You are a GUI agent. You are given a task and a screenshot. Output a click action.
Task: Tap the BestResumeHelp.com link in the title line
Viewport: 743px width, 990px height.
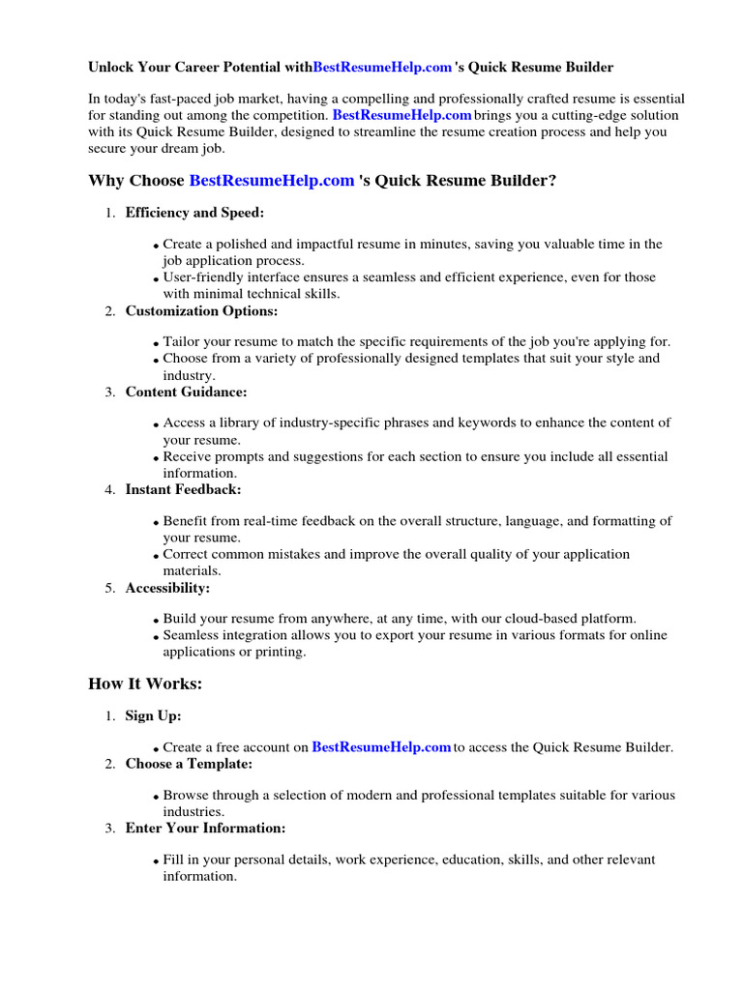[x=382, y=68]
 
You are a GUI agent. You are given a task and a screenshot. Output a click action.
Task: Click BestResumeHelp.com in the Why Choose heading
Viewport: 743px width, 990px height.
[x=272, y=181]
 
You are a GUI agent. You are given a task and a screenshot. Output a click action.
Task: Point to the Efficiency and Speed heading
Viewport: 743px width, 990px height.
[x=194, y=213]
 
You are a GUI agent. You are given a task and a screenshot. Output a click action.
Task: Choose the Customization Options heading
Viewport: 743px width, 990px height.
[x=201, y=310]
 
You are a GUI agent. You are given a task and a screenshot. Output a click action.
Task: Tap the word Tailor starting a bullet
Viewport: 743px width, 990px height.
[x=181, y=342]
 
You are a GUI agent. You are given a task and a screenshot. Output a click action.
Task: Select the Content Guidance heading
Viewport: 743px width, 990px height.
[x=186, y=392]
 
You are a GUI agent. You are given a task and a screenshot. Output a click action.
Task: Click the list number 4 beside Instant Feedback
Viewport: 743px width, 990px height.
[x=110, y=490]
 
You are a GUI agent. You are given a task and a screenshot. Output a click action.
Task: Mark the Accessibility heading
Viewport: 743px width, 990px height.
[x=167, y=588]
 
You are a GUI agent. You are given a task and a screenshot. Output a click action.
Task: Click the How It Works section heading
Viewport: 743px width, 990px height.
[x=145, y=684]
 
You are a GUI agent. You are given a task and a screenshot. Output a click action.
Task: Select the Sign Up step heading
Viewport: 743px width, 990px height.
[x=153, y=716]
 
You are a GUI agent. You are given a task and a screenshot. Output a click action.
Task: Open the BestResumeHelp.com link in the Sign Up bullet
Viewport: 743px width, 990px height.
[x=382, y=747]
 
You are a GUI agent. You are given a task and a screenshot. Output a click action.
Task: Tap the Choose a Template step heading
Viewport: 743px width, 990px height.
[x=189, y=764]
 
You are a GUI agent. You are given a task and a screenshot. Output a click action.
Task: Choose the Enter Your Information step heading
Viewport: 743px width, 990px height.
[x=205, y=829]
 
